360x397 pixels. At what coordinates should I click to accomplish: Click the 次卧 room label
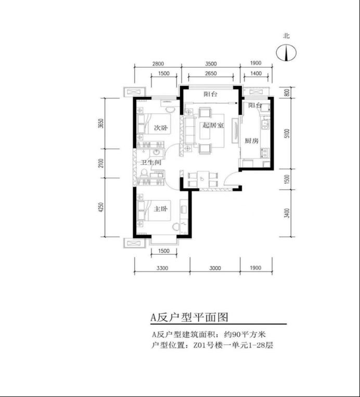(161, 127)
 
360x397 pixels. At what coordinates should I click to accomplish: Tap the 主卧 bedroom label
(161, 209)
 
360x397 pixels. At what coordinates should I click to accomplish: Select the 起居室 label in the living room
(213, 125)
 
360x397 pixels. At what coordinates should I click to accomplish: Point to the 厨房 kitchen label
(251, 141)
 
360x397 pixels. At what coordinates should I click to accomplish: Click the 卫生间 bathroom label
(151, 162)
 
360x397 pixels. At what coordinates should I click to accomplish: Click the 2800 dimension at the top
(158, 64)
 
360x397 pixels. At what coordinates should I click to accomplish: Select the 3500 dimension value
(211, 64)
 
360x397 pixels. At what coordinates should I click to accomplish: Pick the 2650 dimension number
(211, 73)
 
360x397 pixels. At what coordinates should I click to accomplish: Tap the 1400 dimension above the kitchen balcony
(256, 73)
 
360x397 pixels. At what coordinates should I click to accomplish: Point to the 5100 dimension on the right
(287, 134)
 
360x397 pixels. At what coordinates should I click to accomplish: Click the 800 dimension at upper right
(287, 92)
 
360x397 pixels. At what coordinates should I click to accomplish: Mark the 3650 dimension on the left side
(101, 123)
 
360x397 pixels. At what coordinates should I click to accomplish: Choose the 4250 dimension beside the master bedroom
(101, 207)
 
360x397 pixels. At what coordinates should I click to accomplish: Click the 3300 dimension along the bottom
(162, 268)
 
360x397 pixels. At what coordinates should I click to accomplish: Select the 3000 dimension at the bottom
(215, 268)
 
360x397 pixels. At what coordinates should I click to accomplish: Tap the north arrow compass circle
(286, 53)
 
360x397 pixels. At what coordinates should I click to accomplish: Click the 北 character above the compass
(286, 36)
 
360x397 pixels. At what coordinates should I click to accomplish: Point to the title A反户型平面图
(189, 317)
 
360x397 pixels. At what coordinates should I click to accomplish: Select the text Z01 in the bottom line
(198, 345)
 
